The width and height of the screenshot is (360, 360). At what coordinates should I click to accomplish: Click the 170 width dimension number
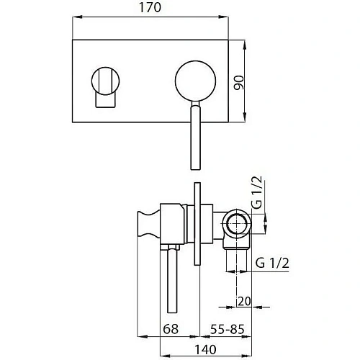point(150,7)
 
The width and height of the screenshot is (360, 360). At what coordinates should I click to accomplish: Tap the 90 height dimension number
point(239,83)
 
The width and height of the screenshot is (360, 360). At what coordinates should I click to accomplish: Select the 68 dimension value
point(171,329)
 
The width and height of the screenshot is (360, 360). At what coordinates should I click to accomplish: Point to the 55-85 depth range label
point(227,329)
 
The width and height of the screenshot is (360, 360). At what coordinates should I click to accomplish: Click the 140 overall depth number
point(205,350)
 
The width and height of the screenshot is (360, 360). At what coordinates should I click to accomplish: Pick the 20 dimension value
point(244,301)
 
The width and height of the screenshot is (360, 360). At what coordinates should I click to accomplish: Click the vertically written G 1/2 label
point(256,192)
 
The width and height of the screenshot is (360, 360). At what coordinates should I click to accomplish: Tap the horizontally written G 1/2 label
point(272,263)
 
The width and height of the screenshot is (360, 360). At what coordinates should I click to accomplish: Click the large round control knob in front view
point(195,81)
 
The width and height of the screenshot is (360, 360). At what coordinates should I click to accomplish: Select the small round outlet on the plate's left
point(105,81)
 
